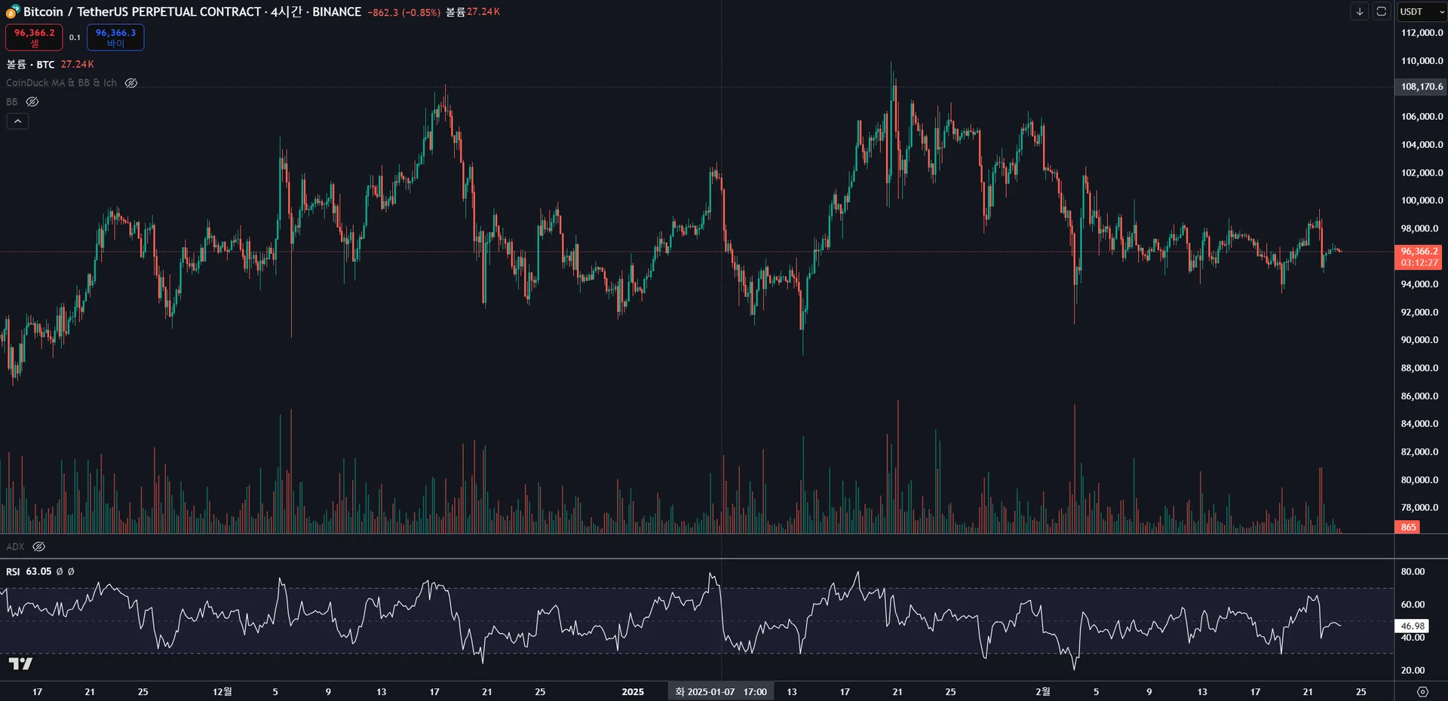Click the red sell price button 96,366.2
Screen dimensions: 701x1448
(34, 37)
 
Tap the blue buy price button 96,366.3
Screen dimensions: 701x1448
(115, 37)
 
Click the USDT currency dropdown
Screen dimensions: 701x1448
(1422, 11)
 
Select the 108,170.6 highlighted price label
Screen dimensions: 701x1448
(1422, 87)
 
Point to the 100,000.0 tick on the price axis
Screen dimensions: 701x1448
(1422, 201)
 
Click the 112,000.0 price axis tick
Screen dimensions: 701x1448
(1422, 32)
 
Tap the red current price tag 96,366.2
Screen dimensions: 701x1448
(1419, 257)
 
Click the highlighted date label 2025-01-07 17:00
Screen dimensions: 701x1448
(721, 691)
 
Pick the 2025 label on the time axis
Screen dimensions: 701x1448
(633, 691)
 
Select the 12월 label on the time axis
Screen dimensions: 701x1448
(222, 691)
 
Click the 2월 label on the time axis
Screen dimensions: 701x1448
(1043, 691)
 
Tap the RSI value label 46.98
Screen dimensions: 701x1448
(1413, 626)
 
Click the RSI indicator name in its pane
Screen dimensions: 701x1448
(13, 571)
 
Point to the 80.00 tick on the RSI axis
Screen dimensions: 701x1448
(1413, 571)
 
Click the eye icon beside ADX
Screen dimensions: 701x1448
(39, 546)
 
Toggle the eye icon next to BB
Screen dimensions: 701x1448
(32, 102)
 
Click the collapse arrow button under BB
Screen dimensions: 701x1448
(17, 121)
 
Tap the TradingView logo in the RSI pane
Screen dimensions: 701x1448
(20, 663)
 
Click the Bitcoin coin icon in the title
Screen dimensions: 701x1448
(13, 11)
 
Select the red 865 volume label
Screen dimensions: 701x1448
(1408, 527)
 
